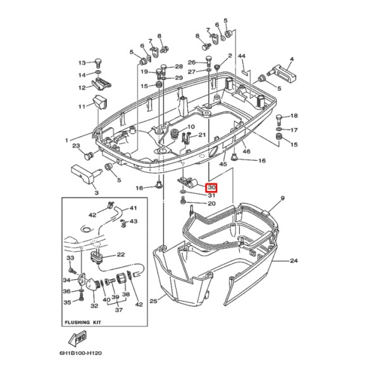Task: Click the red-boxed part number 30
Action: [211, 187]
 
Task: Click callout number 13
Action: [82, 63]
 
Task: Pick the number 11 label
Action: [82, 106]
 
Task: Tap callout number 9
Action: [282, 199]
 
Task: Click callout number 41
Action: [133, 208]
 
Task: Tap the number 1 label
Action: [65, 140]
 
